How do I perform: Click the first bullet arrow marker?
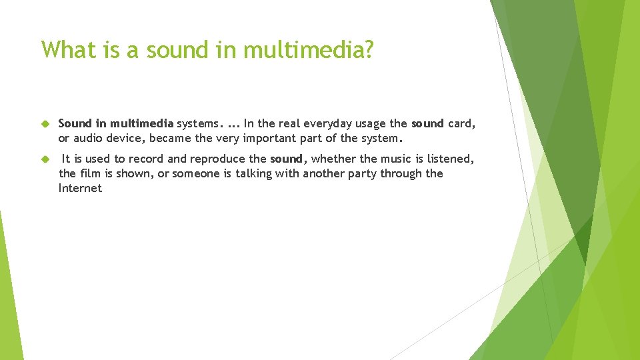coord(45,124)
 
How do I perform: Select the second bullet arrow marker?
coord(45,159)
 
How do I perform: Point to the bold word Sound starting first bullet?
coord(74,123)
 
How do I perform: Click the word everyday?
coord(322,123)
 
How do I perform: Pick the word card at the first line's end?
coord(461,123)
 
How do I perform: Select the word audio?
coord(88,138)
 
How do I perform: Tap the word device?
coord(126,138)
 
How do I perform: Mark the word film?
coord(91,173)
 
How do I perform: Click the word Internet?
coord(80,188)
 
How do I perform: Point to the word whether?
coord(333,159)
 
